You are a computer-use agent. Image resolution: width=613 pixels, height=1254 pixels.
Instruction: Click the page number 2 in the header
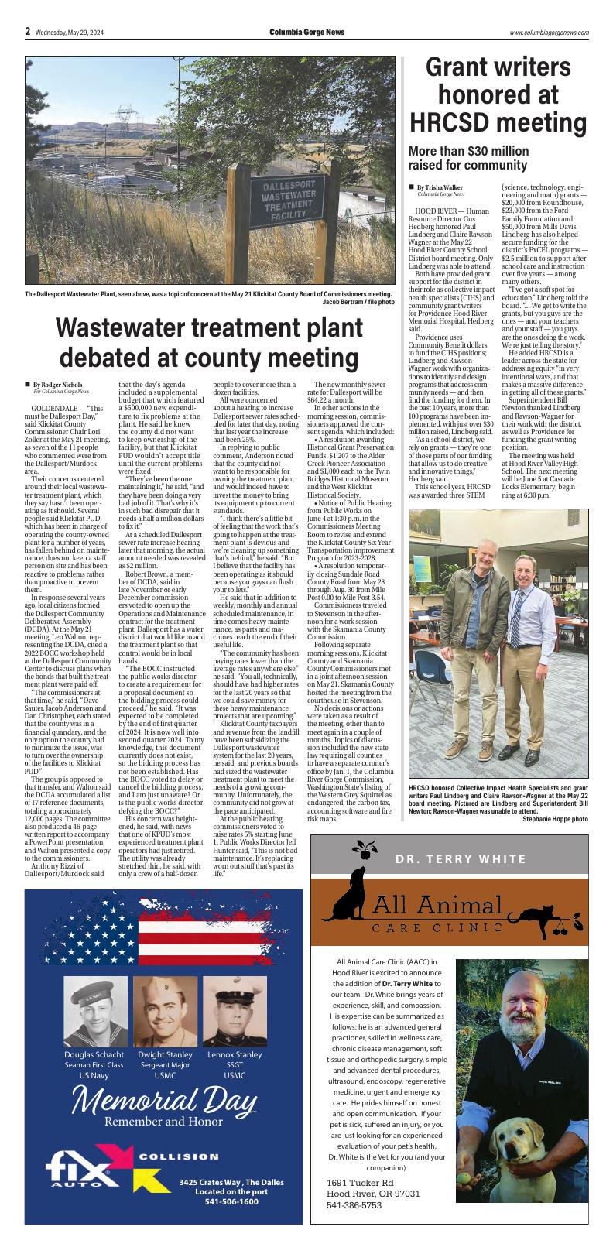pos(27,32)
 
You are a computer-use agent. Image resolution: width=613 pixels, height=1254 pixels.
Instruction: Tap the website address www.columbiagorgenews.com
pos(549,33)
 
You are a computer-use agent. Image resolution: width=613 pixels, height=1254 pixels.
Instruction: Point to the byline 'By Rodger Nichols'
pos(61,385)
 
